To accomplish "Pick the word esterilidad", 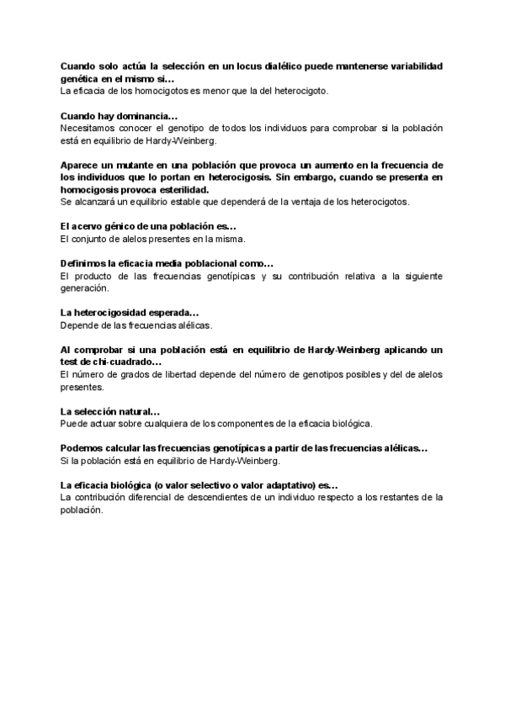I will (x=182, y=190).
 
